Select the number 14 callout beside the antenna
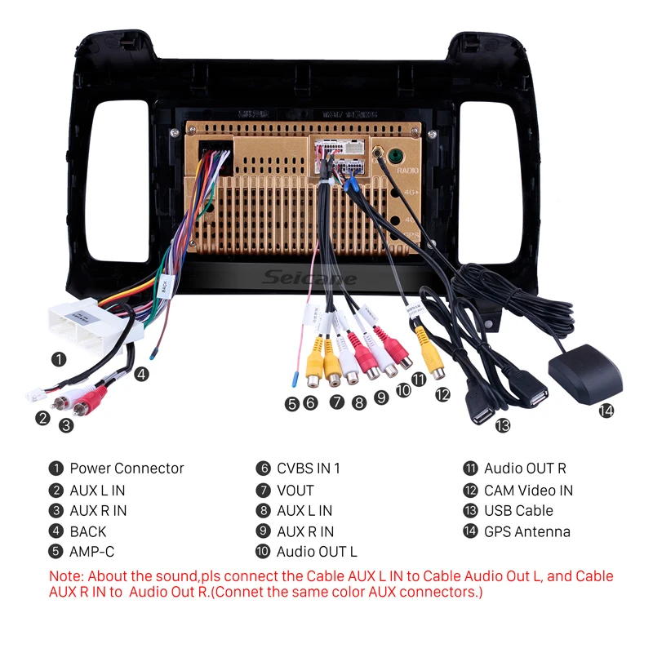coord(606,411)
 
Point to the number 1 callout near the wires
coord(58,358)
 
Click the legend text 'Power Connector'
coord(127,469)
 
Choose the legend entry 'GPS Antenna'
coord(526,532)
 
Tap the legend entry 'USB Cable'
coord(518,511)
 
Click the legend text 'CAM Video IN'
coord(528,491)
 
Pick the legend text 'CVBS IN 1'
coord(308,469)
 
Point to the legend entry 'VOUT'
coord(295,491)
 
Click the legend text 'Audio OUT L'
coord(317,553)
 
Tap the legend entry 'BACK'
coord(88,532)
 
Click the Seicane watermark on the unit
coord(310,278)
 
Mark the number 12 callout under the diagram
coord(442,394)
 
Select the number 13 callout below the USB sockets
coord(501,424)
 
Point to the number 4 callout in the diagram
coord(142,375)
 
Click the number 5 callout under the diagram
coord(291,402)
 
